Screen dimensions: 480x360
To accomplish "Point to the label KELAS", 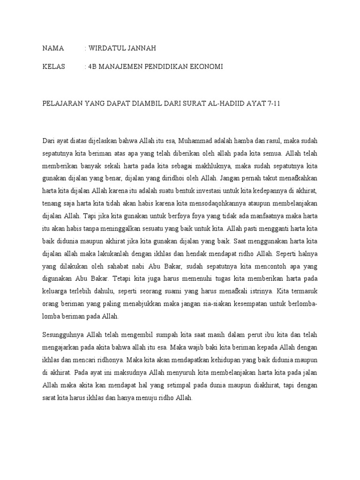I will (53, 67).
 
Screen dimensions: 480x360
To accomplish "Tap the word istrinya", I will (257, 291).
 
